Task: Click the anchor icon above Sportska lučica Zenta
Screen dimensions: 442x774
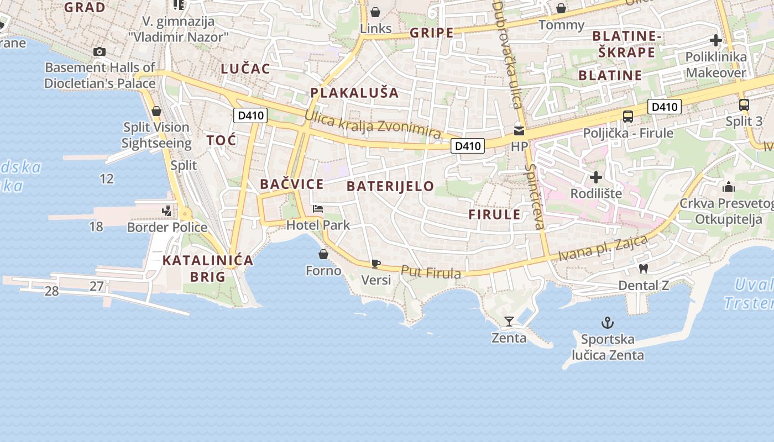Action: [x=608, y=323]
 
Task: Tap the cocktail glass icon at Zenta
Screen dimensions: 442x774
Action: [x=509, y=322]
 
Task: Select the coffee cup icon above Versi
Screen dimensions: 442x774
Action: [x=376, y=264]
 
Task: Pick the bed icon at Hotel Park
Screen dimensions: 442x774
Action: [x=318, y=209]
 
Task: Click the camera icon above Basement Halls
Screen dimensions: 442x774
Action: [x=100, y=52]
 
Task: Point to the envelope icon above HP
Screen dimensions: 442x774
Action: [x=519, y=131]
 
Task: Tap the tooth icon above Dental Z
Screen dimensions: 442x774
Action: [x=643, y=269]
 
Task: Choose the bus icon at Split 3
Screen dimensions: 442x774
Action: [x=744, y=105]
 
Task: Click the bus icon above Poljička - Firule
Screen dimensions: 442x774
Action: [x=628, y=117]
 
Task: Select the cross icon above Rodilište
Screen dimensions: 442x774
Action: [x=595, y=177]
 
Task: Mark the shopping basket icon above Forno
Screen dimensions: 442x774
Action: [x=323, y=254]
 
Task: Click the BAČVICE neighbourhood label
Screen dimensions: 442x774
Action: [x=292, y=185]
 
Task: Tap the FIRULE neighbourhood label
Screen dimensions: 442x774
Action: [x=495, y=215]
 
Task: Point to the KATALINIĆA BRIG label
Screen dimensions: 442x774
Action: [x=208, y=269]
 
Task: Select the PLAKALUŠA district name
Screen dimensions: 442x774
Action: [x=354, y=93]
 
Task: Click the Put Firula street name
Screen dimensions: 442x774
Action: [x=431, y=272]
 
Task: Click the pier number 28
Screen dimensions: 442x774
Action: [x=51, y=291]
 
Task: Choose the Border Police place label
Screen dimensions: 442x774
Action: [x=167, y=227]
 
